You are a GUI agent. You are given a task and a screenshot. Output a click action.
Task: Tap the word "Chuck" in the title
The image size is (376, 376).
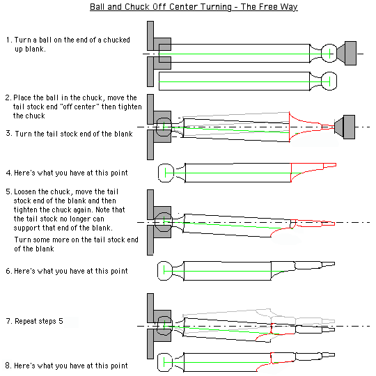(x=136, y=6)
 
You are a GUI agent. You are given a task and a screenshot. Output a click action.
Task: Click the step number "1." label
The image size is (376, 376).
(x=9, y=40)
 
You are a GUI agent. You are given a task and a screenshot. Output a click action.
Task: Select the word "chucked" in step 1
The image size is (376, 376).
(x=116, y=40)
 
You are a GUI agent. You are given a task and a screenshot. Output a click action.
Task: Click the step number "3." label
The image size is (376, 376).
(x=9, y=133)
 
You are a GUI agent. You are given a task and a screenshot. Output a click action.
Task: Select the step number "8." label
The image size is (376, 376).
(x=8, y=366)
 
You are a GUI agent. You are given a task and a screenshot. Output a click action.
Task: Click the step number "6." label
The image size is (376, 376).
(x=9, y=271)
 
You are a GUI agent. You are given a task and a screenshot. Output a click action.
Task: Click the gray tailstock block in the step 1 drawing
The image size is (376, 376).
(x=350, y=53)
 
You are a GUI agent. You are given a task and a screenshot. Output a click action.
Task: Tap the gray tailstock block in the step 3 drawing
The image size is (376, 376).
(x=349, y=127)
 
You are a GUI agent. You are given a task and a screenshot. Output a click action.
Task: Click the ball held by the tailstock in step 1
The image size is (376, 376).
(x=329, y=53)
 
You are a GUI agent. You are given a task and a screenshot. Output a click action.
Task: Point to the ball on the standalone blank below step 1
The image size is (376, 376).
(x=329, y=81)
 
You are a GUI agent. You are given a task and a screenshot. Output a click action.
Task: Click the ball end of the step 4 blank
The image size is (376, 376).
(x=166, y=173)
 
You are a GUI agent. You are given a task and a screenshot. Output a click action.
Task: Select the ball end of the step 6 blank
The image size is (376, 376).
(x=165, y=271)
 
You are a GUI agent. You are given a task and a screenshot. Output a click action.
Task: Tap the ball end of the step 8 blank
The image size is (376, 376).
(x=165, y=362)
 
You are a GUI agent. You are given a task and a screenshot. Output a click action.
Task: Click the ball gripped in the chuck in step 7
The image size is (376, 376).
(x=164, y=326)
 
